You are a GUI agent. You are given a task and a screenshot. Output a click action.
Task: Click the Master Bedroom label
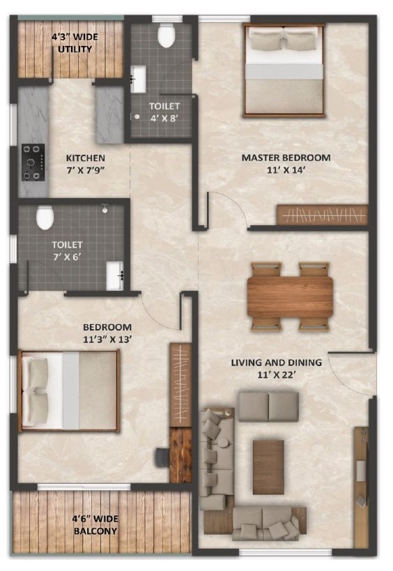(286, 158)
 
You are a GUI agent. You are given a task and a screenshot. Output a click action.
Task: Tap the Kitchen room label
(86, 158)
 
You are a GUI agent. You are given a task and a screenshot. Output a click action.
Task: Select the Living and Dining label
(277, 363)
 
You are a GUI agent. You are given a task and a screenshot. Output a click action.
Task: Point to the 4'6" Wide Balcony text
(95, 525)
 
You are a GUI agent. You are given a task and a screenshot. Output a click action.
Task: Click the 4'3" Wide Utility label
(75, 43)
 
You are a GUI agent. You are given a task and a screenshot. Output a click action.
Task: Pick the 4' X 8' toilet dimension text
(164, 119)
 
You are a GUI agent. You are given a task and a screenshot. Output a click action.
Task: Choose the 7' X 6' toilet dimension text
(67, 257)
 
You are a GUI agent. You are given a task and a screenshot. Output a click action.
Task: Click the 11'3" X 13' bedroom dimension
(107, 340)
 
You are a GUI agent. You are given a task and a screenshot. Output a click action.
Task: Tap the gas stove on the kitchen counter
(33, 162)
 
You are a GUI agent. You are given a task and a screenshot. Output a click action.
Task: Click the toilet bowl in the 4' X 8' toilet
(167, 35)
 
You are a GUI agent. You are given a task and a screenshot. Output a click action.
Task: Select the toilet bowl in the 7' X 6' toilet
(45, 218)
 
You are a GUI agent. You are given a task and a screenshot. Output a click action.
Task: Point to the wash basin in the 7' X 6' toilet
(116, 275)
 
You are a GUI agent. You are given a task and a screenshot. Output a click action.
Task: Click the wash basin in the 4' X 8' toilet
(138, 79)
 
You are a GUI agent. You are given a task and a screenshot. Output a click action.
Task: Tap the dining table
(290, 296)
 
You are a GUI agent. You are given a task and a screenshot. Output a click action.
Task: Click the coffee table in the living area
(268, 467)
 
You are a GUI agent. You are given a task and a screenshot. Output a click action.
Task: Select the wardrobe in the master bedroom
(323, 215)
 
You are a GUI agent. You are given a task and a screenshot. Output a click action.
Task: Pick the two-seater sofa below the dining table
(268, 406)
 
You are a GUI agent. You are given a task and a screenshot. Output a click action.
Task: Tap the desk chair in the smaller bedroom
(162, 457)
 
